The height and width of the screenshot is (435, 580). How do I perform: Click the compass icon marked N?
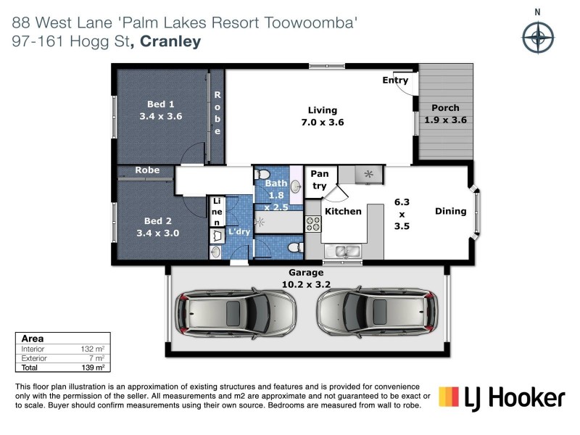point(537,37)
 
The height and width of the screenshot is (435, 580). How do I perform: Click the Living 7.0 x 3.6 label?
point(323,116)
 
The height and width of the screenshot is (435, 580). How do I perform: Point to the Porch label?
point(445,114)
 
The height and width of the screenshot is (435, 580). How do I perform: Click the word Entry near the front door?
point(395,80)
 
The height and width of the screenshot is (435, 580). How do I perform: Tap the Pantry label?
point(319,180)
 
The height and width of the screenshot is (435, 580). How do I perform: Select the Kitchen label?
point(342,212)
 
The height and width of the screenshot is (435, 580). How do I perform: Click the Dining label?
point(450,211)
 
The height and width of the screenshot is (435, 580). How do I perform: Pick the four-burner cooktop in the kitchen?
point(313,224)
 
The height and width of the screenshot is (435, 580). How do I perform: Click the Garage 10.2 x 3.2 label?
point(308,278)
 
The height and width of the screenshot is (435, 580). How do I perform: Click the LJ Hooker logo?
point(502,398)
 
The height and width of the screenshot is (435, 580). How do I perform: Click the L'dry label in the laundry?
point(239,231)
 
